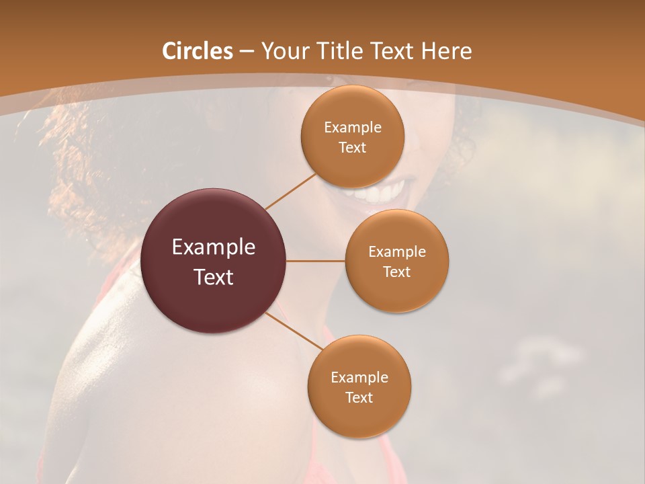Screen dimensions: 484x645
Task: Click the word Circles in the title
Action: pos(197,51)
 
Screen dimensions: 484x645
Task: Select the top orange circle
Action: pos(352,108)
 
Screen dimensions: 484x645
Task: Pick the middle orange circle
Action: pos(396,292)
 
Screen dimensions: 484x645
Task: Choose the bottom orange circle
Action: pos(359,417)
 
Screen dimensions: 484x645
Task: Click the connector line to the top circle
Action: pos(290,191)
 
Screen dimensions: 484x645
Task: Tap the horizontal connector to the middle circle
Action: pos(315,261)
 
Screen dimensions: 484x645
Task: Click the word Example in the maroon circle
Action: pos(214,247)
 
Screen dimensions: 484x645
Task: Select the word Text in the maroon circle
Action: pos(214,277)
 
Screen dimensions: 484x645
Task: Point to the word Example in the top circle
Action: pos(352,128)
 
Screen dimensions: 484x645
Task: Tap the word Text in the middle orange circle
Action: pos(396,272)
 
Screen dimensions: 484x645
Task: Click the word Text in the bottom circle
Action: pos(359,397)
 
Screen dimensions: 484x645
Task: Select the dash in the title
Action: pos(247,51)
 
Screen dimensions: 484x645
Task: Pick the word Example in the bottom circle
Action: pos(359,377)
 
